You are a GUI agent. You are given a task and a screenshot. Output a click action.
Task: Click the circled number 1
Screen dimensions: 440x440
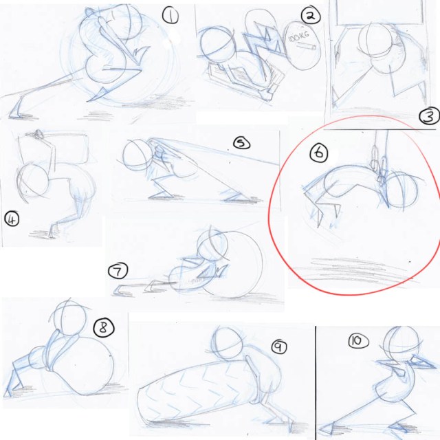(170, 15)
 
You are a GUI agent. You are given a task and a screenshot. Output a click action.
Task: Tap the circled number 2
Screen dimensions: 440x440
(311, 15)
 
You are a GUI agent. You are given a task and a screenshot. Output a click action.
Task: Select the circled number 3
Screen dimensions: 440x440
(429, 116)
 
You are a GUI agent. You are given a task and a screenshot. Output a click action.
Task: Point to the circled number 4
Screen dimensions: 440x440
(12, 219)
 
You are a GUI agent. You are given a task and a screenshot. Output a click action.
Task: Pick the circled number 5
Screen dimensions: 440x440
(241, 144)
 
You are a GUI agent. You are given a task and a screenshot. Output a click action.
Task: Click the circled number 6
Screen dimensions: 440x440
(319, 153)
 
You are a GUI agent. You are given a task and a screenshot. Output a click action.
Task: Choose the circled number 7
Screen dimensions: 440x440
(118, 271)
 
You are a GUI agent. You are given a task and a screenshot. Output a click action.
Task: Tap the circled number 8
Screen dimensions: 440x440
(104, 328)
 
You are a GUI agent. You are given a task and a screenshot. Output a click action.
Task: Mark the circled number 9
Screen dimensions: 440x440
(279, 346)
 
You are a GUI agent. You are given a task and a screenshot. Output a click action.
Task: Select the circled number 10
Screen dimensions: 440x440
(358, 341)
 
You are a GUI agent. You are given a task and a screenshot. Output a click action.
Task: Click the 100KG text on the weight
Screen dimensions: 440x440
(298, 36)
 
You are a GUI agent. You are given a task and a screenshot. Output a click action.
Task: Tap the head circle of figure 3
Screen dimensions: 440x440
(375, 40)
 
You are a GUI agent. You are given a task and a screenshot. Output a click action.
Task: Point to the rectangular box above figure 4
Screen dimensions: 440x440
(54, 148)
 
